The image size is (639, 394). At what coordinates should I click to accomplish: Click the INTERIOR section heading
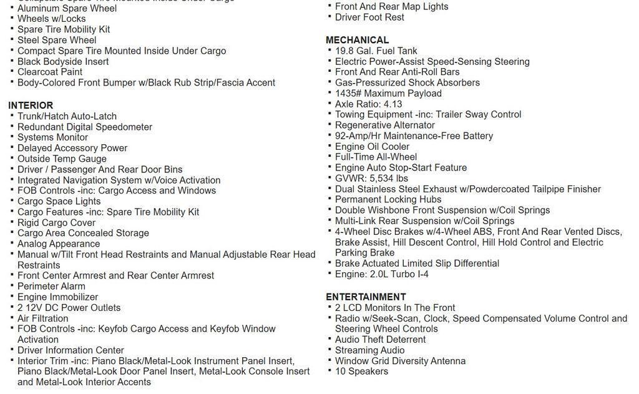tap(31, 106)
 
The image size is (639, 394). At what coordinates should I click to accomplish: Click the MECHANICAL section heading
tap(357, 40)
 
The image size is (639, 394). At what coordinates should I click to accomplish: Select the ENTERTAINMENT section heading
tap(366, 297)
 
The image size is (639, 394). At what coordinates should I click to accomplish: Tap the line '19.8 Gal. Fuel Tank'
tap(376, 51)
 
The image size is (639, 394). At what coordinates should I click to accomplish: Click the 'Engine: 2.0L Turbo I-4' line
tap(381, 274)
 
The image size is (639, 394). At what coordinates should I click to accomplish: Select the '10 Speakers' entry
tap(361, 372)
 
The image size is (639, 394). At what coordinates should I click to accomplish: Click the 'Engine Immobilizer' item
tap(57, 297)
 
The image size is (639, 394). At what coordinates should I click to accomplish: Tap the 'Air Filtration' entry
tap(42, 318)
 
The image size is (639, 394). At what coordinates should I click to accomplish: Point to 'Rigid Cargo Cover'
tap(56, 223)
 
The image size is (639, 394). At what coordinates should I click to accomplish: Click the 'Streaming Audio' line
tap(369, 350)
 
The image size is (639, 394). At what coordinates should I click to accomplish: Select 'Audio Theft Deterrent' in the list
tap(380, 340)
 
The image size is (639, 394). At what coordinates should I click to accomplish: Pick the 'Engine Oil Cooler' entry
tap(372, 147)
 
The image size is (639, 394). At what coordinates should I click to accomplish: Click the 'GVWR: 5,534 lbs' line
tap(371, 179)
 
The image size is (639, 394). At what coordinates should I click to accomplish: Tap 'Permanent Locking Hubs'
tap(388, 200)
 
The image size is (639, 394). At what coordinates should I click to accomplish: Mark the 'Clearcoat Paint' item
tap(50, 72)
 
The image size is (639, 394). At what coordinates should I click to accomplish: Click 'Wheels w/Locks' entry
tap(51, 19)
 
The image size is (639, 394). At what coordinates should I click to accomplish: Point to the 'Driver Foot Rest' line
tap(369, 17)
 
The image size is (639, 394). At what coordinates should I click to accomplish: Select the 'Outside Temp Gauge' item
tap(62, 159)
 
